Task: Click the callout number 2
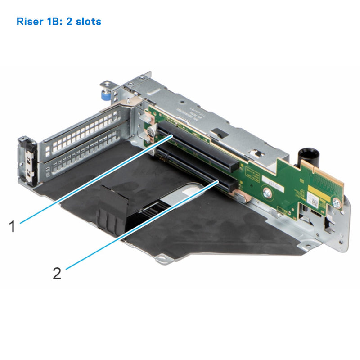(x=57, y=273)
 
